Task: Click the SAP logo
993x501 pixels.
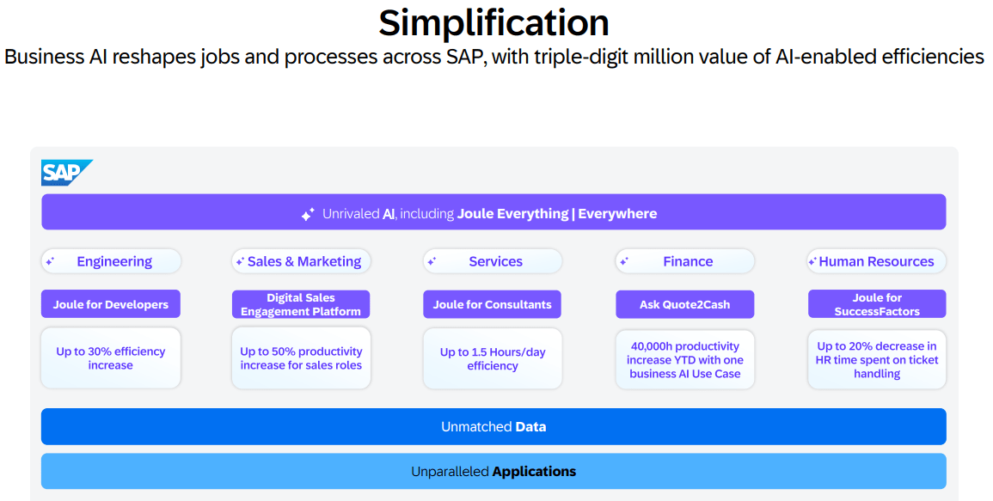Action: click(66, 172)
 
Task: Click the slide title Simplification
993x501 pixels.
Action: click(494, 23)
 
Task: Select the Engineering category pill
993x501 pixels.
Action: click(111, 261)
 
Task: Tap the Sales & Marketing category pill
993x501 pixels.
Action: click(301, 261)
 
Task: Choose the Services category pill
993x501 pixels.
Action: click(492, 261)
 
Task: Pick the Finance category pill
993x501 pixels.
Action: click(684, 261)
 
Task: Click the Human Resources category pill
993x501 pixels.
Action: click(876, 261)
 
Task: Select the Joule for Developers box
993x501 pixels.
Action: click(111, 304)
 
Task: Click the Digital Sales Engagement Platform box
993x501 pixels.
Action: click(301, 304)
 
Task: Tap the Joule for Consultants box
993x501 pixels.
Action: click(492, 304)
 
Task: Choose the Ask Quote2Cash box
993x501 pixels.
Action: click(684, 304)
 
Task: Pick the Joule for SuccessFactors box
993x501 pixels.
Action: click(876, 304)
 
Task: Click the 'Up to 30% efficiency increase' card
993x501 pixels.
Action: click(111, 357)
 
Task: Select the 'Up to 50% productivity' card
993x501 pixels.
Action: click(301, 357)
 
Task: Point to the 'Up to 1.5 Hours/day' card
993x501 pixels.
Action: click(492, 358)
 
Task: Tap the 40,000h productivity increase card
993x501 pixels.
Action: click(684, 360)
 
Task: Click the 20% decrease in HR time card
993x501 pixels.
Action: click(876, 360)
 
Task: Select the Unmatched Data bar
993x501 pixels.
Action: click(493, 426)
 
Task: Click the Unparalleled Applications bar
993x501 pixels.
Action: click(493, 471)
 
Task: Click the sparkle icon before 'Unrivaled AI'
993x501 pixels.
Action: click(308, 214)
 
